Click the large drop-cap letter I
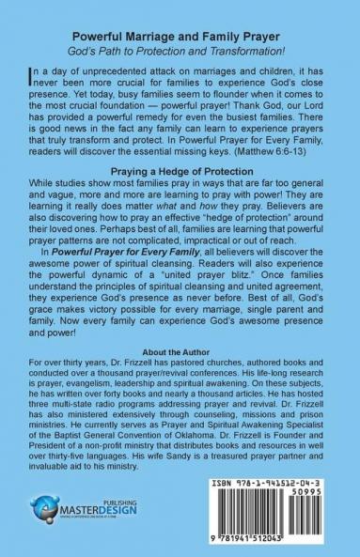(x=23, y=73)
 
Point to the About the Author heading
(x=180, y=351)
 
